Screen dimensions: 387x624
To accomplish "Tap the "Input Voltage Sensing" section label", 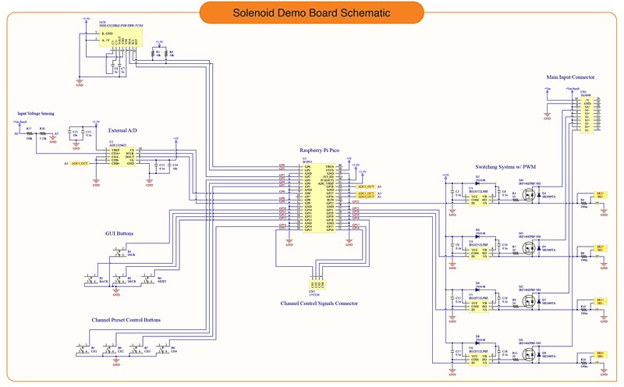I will [36, 114].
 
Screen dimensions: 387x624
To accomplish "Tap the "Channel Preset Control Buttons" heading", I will [126, 320].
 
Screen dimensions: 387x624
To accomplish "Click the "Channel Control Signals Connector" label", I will [319, 303].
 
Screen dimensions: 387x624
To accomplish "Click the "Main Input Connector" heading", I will [571, 77].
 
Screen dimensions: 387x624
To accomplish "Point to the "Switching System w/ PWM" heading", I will [505, 167].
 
